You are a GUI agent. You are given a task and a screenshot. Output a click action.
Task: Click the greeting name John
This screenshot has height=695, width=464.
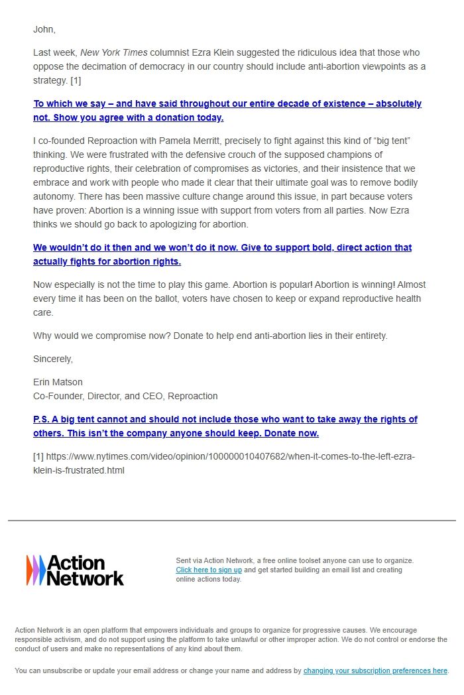(44, 29)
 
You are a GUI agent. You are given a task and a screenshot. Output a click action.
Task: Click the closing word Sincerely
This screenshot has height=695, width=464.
(53, 359)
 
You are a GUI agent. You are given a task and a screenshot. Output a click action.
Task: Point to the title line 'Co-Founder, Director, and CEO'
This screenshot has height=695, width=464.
(99, 396)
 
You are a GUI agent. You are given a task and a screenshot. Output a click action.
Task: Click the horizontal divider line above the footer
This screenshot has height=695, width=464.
(232, 521)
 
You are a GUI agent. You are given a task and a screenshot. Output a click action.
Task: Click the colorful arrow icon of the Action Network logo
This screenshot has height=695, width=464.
(36, 570)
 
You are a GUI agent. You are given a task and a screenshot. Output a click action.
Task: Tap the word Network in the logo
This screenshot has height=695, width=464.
(86, 578)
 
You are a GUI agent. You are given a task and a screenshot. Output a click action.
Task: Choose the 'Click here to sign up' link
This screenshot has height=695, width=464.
(208, 570)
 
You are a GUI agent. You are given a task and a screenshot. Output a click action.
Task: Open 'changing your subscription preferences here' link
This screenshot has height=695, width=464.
(375, 670)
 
